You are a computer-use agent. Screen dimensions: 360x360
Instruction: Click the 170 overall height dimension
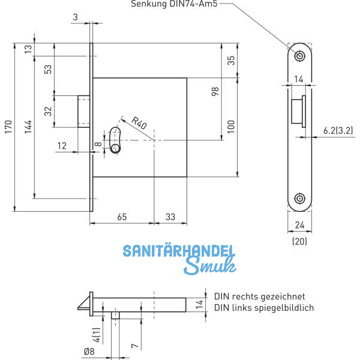coord(7,127)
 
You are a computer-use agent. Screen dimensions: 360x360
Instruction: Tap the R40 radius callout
coord(138,125)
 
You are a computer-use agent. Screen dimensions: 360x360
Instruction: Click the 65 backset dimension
coord(121,217)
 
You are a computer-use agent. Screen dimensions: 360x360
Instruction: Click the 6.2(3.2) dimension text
coord(337,130)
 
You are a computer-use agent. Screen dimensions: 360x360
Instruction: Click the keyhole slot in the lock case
coord(115,139)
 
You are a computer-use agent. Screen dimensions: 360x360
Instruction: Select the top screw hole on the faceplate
coord(299,56)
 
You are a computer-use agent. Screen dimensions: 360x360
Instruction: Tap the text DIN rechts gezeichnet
coord(259,296)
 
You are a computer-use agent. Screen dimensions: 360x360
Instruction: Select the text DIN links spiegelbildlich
coord(263,308)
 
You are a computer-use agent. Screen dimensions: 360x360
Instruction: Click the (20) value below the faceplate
coord(298,241)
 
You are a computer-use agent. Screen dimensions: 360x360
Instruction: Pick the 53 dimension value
coord(47,70)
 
